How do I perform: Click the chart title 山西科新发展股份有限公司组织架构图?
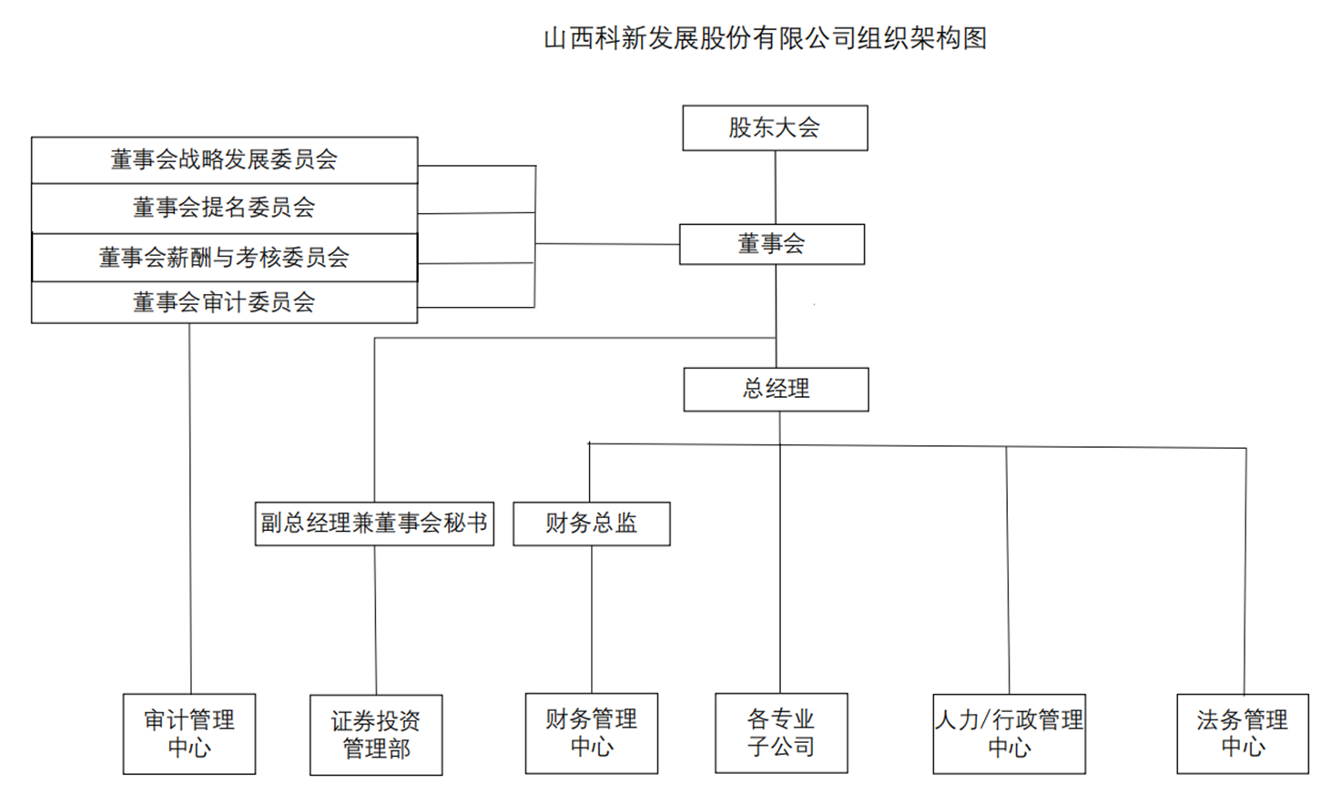[765, 38]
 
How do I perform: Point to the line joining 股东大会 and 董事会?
[776, 188]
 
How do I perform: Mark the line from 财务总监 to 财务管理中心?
[592, 620]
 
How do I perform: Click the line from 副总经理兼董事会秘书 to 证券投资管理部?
[375, 620]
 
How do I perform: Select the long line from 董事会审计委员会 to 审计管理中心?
[190, 509]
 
